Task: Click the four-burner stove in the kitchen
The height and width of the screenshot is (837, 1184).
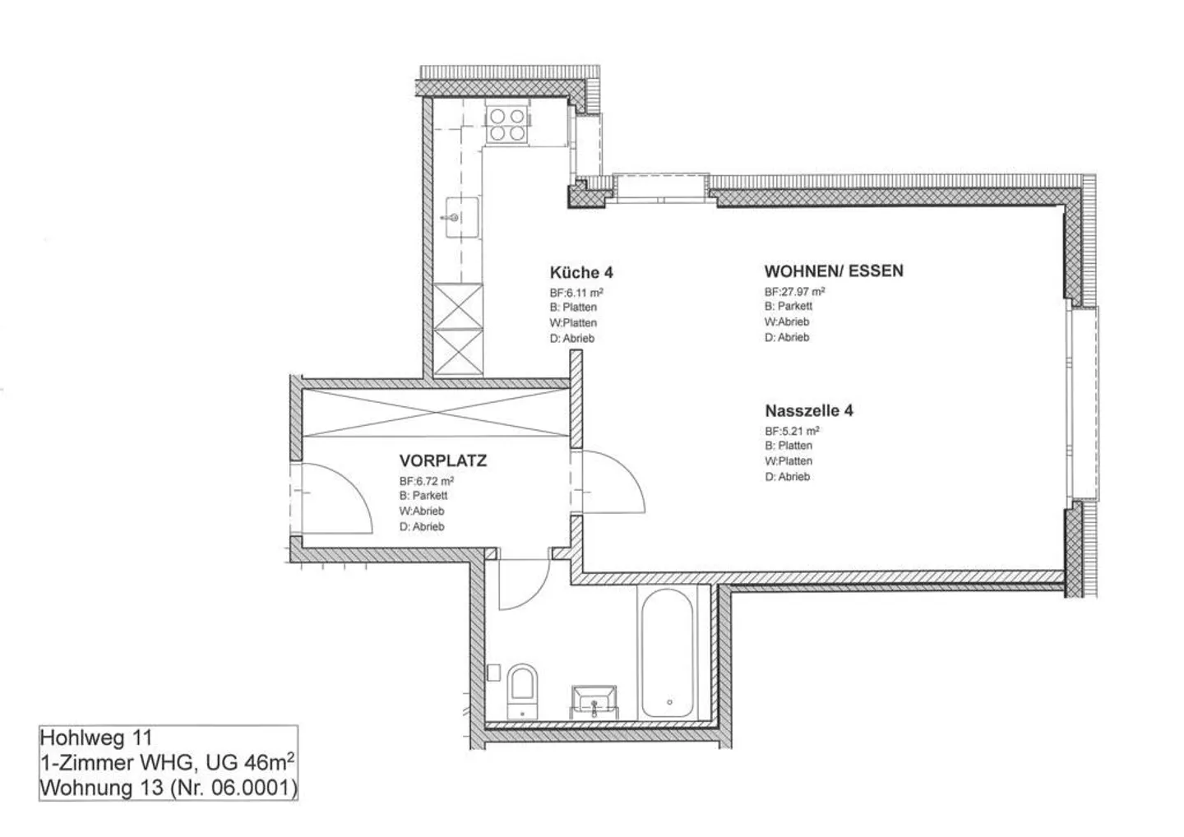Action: (x=506, y=125)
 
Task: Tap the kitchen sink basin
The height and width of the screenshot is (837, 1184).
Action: (x=461, y=217)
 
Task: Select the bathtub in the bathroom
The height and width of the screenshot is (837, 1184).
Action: (x=667, y=653)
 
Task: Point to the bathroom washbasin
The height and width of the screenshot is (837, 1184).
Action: (x=594, y=702)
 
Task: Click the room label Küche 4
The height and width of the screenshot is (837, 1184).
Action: (x=581, y=273)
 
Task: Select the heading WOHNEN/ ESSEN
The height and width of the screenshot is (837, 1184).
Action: (x=834, y=271)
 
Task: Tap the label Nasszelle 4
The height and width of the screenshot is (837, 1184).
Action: (x=809, y=410)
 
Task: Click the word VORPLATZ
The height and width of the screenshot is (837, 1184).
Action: (x=443, y=460)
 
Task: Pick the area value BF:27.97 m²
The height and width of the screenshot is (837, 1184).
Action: (x=794, y=292)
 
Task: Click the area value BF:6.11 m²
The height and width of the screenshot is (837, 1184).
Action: (x=576, y=293)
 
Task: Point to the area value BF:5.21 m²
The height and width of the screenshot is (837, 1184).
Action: (x=792, y=431)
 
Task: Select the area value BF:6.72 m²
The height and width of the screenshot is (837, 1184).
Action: (x=427, y=481)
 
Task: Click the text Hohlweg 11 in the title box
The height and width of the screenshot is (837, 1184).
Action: (x=95, y=738)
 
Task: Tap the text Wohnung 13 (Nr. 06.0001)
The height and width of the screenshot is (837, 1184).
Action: (x=169, y=788)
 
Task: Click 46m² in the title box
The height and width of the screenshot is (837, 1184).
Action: (x=269, y=761)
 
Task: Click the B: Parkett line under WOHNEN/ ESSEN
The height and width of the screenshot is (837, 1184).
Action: (x=788, y=307)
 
